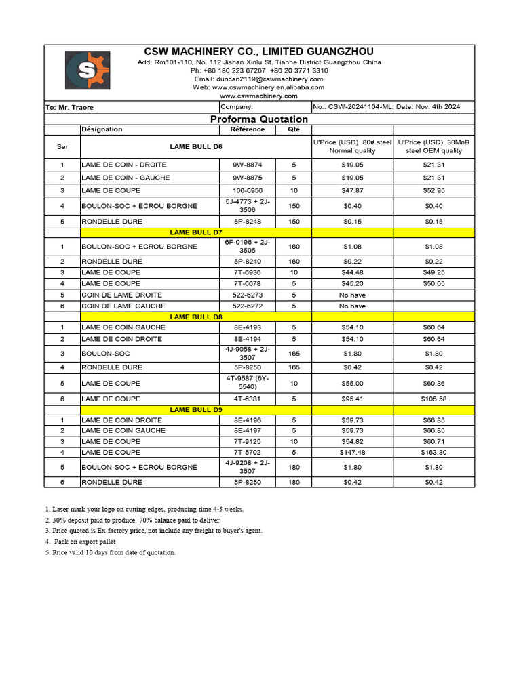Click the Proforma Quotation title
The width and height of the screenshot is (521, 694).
point(259,119)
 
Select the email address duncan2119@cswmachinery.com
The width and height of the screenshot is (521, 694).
point(259,79)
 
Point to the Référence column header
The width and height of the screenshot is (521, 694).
point(248,129)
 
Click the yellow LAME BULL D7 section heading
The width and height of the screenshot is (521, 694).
point(196,232)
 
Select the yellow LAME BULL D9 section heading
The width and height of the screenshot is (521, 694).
point(196,409)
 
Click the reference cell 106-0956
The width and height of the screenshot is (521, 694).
point(248,190)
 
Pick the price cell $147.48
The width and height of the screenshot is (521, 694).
point(352,452)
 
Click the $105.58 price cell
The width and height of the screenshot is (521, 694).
point(434,399)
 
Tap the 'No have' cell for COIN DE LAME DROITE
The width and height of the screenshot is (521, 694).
point(352,295)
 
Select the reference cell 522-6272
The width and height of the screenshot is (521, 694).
point(248,306)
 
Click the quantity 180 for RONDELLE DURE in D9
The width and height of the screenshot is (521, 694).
point(294,483)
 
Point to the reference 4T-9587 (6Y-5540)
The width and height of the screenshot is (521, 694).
point(248,383)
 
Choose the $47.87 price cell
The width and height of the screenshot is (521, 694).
point(352,190)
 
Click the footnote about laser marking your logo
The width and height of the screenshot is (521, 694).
point(144,509)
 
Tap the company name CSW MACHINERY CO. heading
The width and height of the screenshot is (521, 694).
point(259,52)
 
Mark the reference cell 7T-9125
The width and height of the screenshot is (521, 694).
point(248,441)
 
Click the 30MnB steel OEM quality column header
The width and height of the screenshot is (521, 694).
point(434,146)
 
